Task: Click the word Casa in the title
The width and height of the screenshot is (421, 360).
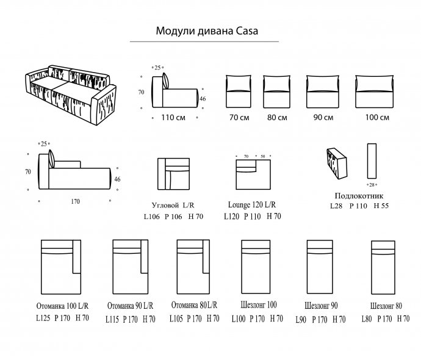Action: [247, 31]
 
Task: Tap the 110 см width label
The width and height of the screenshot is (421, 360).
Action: [173, 118]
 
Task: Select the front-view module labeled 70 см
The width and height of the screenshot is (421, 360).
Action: [239, 92]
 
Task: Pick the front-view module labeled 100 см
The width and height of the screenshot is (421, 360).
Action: [374, 92]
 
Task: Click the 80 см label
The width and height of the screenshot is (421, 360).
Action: [277, 118]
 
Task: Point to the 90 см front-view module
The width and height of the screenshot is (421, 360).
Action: [323, 92]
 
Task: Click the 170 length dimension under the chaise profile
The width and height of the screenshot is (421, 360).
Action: [76, 201]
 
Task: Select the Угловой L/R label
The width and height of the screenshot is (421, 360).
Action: [173, 206]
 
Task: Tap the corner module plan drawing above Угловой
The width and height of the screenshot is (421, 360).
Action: [174, 174]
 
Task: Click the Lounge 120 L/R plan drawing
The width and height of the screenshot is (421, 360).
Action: [253, 175]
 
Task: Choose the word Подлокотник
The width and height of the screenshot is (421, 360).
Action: [359, 196]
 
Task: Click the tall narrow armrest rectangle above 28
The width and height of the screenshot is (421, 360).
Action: [372, 161]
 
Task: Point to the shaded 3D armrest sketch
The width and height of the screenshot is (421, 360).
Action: [337, 164]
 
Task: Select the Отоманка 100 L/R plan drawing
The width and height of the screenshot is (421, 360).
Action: [61, 267]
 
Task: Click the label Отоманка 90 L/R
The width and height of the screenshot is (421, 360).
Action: [130, 306]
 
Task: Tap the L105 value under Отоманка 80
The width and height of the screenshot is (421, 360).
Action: [176, 319]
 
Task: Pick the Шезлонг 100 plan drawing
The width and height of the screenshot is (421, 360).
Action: [256, 267]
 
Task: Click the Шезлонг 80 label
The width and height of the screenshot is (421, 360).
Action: [386, 306]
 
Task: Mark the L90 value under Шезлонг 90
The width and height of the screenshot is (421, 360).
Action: [301, 320]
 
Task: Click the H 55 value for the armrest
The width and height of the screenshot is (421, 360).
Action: [381, 206]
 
